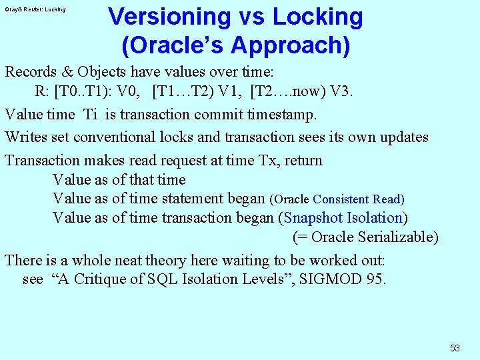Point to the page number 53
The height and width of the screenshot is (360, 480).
[455, 348]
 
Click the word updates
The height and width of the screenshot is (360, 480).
[404, 137]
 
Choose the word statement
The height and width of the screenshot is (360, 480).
[188, 199]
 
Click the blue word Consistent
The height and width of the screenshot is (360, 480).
[341, 199]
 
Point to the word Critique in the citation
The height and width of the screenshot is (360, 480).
[104, 279]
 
